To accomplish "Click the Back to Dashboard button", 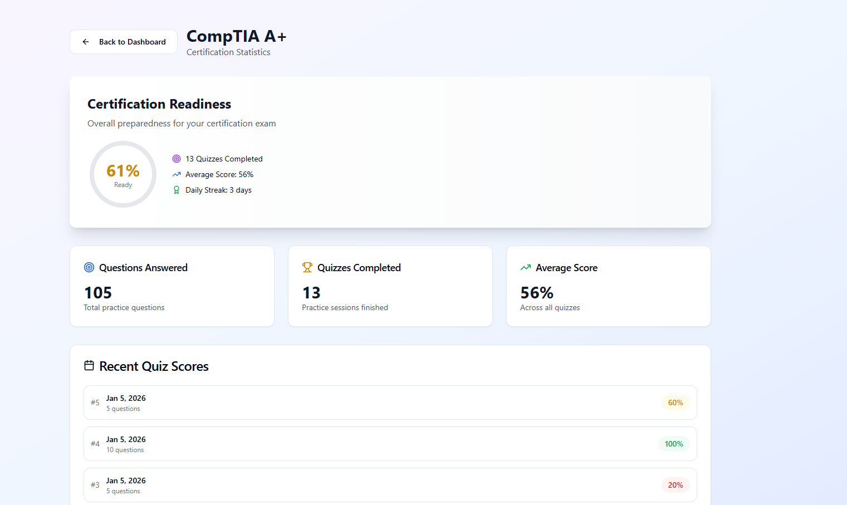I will tap(124, 42).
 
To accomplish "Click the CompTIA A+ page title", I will tap(236, 36).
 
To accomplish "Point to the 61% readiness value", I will tap(123, 171).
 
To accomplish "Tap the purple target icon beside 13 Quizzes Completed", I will tap(177, 159).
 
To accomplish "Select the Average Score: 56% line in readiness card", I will tap(219, 174).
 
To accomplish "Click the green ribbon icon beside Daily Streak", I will tap(177, 190).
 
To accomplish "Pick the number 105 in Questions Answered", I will tap(98, 293).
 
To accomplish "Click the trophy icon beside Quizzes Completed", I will tap(307, 267).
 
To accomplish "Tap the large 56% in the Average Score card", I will tap(537, 293).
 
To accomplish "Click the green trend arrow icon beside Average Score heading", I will tap(526, 267).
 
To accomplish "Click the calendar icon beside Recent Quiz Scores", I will tap(89, 366).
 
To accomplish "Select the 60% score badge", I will tap(675, 403).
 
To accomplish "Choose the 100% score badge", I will tap(674, 444).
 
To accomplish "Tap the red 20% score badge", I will tap(675, 485).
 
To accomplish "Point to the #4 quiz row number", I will tap(95, 444).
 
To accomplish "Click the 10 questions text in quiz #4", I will tap(125, 450).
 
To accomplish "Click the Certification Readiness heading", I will tap(159, 104).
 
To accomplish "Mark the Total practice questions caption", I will tap(124, 307).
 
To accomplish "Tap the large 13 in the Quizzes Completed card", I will tap(311, 293).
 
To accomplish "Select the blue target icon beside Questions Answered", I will tap(89, 267).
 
